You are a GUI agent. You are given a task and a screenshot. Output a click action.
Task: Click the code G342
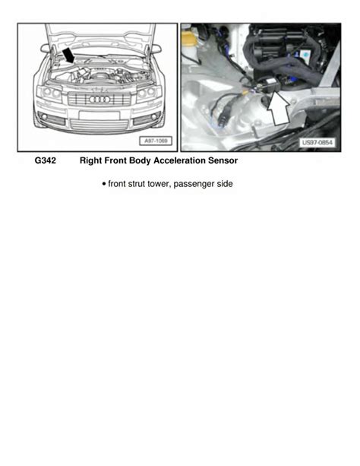click(x=45, y=160)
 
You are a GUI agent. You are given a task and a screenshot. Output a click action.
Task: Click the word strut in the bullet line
click(x=137, y=184)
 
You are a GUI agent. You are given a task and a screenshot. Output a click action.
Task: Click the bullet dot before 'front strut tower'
click(x=104, y=184)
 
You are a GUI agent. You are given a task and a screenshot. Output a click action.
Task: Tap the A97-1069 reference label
click(x=156, y=141)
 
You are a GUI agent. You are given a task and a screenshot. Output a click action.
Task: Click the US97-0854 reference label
click(x=317, y=143)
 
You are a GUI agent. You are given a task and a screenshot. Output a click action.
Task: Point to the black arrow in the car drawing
click(x=68, y=55)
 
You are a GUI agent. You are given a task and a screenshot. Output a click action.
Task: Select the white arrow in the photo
click(x=278, y=108)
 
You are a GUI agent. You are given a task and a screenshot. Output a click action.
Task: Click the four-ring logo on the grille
click(x=99, y=100)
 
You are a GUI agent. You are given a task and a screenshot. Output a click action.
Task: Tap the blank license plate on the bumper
click(x=99, y=116)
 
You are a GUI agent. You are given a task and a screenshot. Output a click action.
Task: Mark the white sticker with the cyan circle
click(x=305, y=54)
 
